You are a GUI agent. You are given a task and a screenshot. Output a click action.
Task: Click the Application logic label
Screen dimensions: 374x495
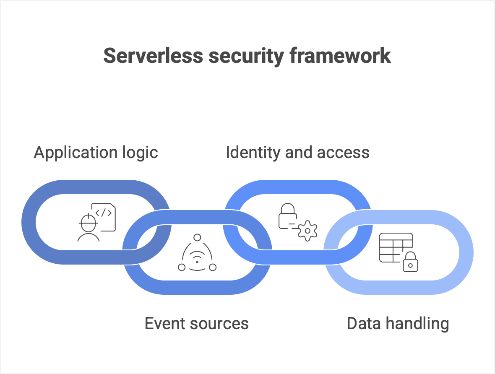[x=96, y=152]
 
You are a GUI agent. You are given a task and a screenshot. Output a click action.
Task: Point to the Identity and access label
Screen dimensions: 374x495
[x=297, y=152]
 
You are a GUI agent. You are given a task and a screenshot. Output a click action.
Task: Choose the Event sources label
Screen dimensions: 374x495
[x=196, y=323]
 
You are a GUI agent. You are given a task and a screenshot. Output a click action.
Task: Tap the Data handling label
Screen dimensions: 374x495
[x=398, y=323]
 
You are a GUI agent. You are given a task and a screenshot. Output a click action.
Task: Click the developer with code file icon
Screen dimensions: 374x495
[x=96, y=222]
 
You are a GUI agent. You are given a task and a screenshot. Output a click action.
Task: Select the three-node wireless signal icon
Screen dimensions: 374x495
[x=197, y=253]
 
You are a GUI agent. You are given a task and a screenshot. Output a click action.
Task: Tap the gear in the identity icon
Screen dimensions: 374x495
[x=308, y=231]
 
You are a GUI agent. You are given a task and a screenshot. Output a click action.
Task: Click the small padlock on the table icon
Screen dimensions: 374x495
[x=410, y=262]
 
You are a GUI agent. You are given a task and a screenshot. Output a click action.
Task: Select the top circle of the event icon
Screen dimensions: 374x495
[x=197, y=238]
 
